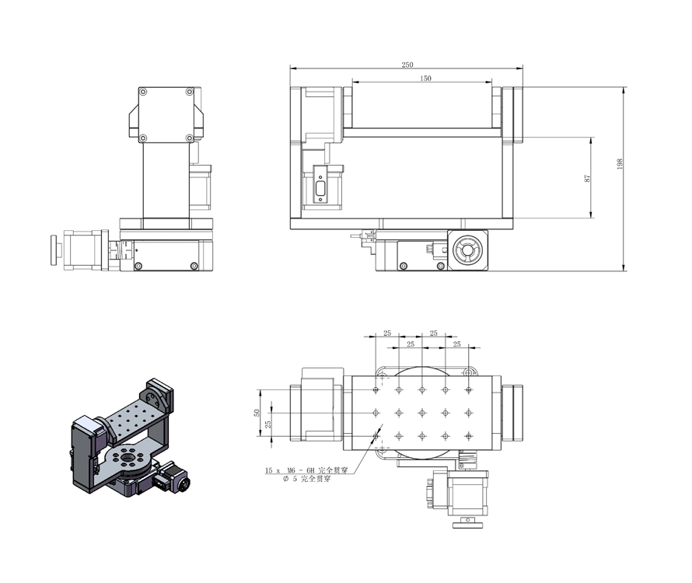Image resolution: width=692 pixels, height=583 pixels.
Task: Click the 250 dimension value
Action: point(407,65)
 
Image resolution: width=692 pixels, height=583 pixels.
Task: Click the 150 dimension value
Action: point(425,78)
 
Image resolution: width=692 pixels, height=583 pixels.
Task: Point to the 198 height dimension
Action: point(620,164)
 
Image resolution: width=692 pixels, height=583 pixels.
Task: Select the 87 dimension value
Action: point(587,178)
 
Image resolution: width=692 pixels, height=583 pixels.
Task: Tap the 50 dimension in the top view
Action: point(257,413)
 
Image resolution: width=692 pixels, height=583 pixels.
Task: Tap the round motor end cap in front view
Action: point(468,250)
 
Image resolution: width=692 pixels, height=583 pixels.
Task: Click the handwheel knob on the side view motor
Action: point(55,250)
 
